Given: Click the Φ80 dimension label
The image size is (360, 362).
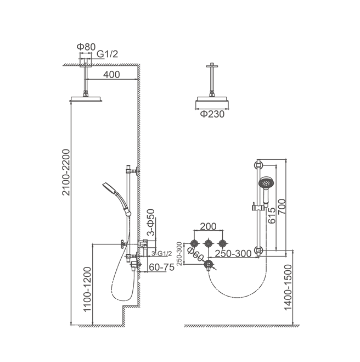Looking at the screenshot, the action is (86, 47).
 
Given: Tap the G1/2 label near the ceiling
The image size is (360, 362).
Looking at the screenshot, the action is (107, 54).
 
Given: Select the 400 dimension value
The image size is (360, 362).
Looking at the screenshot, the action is (111, 75).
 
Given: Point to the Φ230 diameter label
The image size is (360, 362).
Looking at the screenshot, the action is (212, 114).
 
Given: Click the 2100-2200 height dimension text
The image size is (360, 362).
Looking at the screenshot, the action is (66, 172).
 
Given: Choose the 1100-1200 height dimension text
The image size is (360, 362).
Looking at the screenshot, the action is (88, 289).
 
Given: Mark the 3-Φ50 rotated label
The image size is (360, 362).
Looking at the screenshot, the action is (151, 222).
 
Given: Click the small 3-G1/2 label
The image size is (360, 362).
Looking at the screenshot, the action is (162, 253).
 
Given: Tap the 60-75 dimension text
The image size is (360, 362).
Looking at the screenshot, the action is (162, 267).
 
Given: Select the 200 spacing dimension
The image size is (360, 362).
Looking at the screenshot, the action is (208, 226).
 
